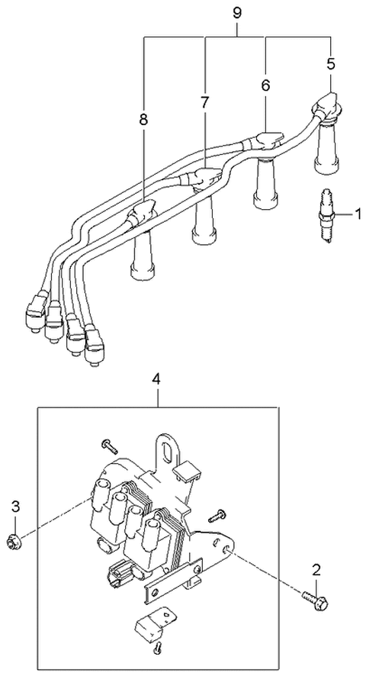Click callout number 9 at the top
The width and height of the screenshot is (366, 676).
coord(237,13)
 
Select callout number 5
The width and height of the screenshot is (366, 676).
coord(331,64)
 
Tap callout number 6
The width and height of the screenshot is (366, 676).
coord(265,87)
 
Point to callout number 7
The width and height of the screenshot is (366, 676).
coord(205,102)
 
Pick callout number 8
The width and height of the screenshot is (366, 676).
coord(143,120)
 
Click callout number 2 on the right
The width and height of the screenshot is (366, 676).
coord(316,568)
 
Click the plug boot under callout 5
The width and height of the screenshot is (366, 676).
coord(326,142)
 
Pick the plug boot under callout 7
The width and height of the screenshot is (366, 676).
coord(204,223)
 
